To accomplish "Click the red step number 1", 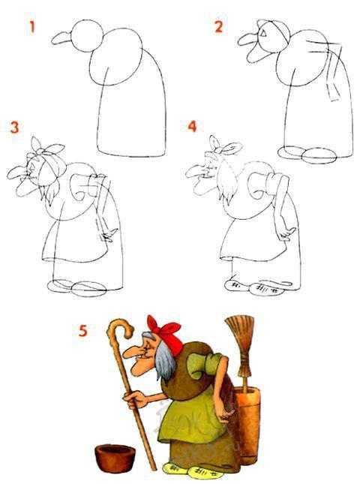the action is coord(32,27).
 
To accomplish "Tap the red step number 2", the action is coord(218,27).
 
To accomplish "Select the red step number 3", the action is coord(14,127).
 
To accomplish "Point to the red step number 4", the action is coord(192,126).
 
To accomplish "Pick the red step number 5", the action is coord(83,330).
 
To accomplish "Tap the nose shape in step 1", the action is coord(61,38).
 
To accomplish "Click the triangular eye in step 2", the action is coord(262,32).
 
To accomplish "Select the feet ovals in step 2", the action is coord(306,155).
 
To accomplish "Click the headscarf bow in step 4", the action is coord(223,147).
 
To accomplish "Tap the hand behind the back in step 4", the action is coord(286,233).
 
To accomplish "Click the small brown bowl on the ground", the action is coord(115,458).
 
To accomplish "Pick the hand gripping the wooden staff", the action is coord(135,399).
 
